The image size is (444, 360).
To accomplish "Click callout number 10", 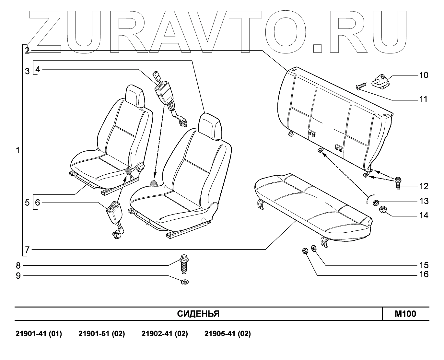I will tap(424, 75).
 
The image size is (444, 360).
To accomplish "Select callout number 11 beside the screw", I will tap(424, 99).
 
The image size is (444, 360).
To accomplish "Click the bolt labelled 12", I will tap(398, 183).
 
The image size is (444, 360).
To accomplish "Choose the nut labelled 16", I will tap(305, 250).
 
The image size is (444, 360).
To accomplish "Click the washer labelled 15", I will tap(314, 249).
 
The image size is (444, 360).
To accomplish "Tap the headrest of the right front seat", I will tap(212, 126).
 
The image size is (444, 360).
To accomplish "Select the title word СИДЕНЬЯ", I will tap(198, 314).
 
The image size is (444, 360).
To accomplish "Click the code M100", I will tap(405, 314).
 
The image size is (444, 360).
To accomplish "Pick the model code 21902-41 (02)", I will tap(165, 334).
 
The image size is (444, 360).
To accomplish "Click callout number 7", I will tap(28, 250).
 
